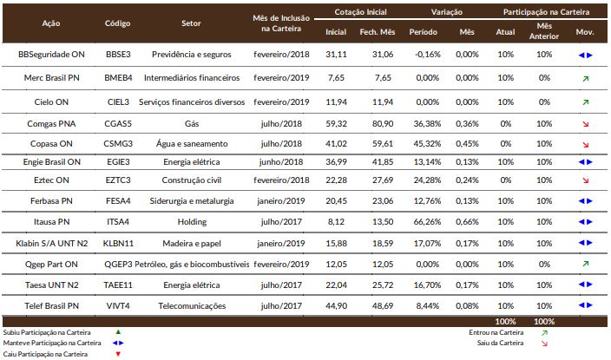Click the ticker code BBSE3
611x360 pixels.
point(118,55)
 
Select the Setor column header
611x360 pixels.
point(191,23)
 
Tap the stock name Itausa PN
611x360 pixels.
point(51,222)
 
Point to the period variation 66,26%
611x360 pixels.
point(427,222)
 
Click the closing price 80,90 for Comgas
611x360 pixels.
point(383,124)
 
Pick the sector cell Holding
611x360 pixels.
point(192,222)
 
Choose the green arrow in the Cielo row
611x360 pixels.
point(585,102)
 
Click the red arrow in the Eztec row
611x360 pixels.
point(585,180)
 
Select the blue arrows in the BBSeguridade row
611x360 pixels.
point(585,55)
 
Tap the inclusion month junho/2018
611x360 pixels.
point(281,162)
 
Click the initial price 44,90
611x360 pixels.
point(336,306)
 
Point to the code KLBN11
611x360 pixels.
point(118,244)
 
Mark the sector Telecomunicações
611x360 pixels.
point(192,306)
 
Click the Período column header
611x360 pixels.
point(423,32)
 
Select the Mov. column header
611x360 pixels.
point(585,32)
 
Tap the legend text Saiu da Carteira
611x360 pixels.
point(500,343)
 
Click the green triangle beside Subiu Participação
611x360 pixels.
point(118,332)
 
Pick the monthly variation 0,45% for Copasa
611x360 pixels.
point(467,144)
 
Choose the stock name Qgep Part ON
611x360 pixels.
point(51,265)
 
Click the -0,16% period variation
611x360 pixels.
point(428,55)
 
